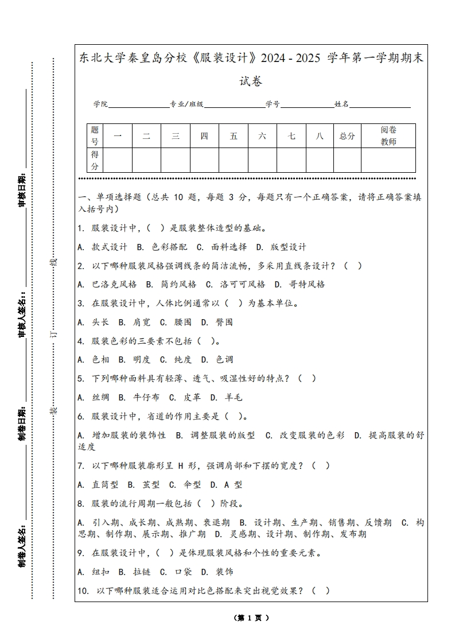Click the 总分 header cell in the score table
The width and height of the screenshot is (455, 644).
click(347, 136)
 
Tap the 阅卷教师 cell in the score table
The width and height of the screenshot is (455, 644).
click(388, 136)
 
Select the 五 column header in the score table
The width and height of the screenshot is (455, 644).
click(234, 136)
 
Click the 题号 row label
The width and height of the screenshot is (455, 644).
click(95, 136)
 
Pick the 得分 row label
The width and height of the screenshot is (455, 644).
click(95, 160)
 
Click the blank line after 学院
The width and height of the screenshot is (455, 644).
click(138, 105)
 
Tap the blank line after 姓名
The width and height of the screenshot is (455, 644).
click(380, 105)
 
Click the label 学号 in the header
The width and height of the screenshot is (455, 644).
click(273, 104)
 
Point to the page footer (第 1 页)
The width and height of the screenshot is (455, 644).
click(251, 618)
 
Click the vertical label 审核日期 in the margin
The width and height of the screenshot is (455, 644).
click(22, 189)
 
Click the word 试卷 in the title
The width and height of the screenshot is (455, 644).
click(251, 82)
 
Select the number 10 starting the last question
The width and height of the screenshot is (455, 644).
click(83, 591)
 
